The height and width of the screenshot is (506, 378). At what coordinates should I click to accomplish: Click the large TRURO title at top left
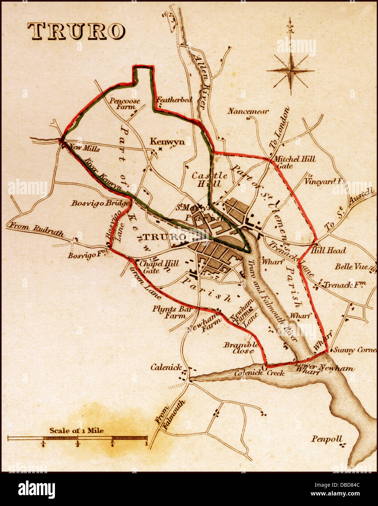76,31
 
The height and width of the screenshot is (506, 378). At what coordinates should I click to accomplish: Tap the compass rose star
291,71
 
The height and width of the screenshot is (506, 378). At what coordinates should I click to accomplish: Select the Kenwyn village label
167,142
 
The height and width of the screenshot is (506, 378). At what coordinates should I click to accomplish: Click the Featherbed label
174,99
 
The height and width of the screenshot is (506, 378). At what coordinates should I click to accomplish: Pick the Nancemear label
248,111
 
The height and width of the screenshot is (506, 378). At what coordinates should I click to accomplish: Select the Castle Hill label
210,179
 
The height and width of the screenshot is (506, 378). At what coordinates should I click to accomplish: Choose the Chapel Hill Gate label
154,266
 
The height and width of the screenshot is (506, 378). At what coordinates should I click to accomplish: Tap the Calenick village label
166,367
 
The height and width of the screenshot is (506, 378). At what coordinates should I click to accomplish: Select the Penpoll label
327,439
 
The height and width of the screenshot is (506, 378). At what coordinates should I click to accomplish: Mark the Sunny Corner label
355,350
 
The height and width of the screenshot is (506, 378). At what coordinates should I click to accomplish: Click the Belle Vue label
351,266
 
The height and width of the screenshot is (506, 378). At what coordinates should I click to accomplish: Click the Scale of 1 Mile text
77,431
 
